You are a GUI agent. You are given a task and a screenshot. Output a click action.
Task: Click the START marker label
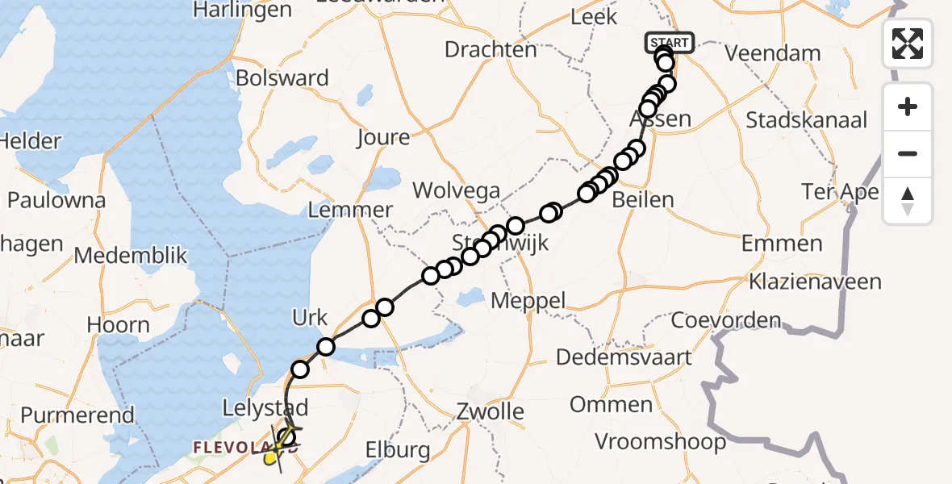pyautogui.click(x=669, y=43)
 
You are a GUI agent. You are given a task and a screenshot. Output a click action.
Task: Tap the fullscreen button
pyautogui.click(x=908, y=43)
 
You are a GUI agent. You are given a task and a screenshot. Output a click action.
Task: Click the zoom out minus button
pyautogui.click(x=908, y=153)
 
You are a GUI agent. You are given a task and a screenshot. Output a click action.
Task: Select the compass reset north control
pyautogui.click(x=908, y=201)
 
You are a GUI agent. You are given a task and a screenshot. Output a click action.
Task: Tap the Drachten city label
pyautogui.click(x=491, y=50)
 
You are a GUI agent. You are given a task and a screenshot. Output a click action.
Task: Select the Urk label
pyautogui.click(x=311, y=318)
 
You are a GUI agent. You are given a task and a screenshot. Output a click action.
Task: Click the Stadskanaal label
pyautogui.click(x=806, y=121)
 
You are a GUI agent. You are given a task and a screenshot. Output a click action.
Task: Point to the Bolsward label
pyautogui.click(x=282, y=79)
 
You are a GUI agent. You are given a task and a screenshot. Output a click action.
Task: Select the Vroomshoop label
pyautogui.click(x=661, y=442)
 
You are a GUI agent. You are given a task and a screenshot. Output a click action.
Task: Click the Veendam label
pyautogui.click(x=772, y=54)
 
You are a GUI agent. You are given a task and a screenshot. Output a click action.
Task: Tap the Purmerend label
pyautogui.click(x=77, y=415)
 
